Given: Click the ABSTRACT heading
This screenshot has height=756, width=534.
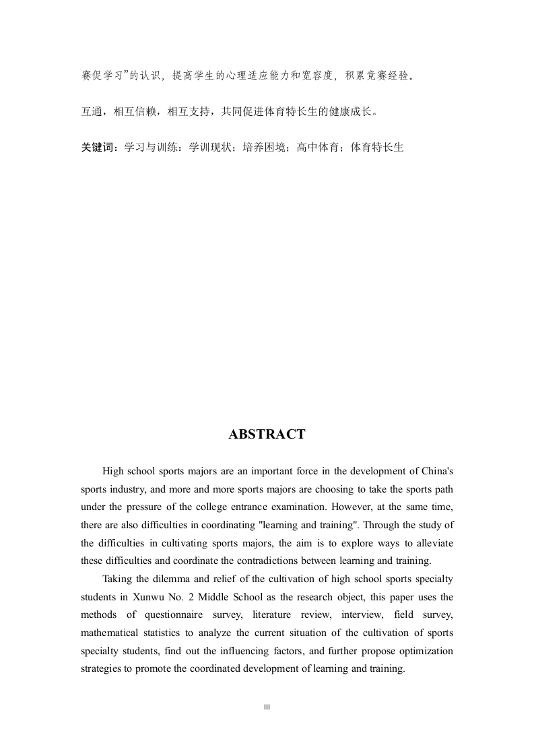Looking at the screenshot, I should click(267, 435).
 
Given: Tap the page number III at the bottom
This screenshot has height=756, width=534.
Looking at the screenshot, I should click(267, 707).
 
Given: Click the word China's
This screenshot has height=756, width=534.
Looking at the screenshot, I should click(436, 470).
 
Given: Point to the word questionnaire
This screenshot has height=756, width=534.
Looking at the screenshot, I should click(195, 615).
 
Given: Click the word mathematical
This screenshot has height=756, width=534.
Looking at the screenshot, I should click(109, 633).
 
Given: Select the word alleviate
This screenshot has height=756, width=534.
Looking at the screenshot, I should click(434, 542).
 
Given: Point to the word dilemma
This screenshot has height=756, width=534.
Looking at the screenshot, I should click(169, 579).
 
